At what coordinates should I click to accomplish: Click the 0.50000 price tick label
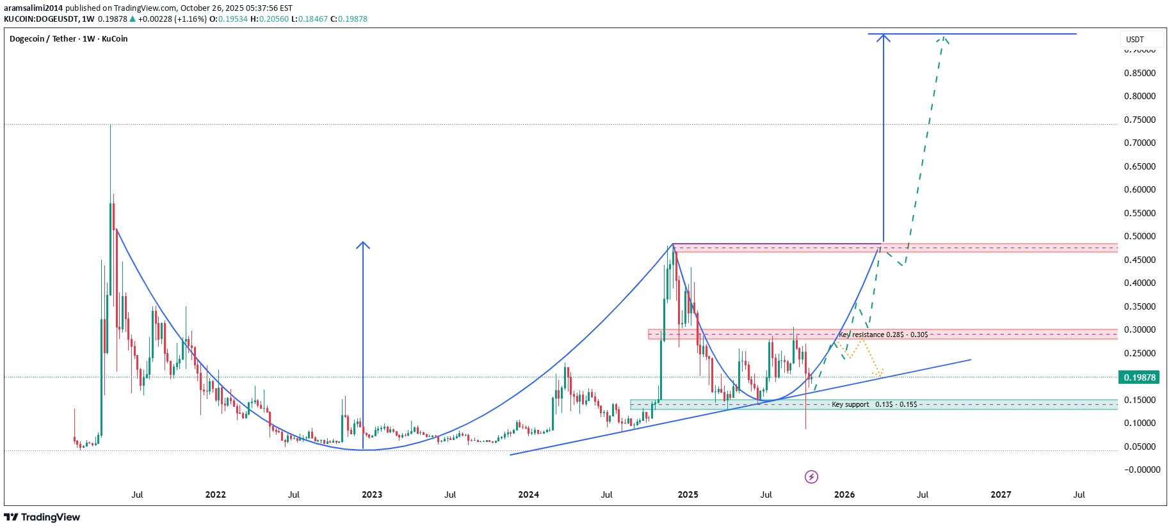pyautogui.click(x=1140, y=236)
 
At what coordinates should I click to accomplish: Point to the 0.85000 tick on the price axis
pyautogui.click(x=1140, y=73)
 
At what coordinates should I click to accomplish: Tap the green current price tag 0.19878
pyautogui.click(x=1139, y=377)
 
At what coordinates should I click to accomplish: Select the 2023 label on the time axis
pyautogui.click(x=372, y=494)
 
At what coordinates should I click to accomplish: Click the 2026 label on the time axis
pyautogui.click(x=844, y=494)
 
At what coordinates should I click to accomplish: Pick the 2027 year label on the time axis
pyautogui.click(x=1001, y=494)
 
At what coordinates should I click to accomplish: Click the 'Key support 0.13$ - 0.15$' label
pyautogui.click(x=874, y=404)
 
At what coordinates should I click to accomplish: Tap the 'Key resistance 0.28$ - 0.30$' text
pyautogui.click(x=884, y=335)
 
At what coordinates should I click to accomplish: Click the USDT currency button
pyautogui.click(x=1135, y=40)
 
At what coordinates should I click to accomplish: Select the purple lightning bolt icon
pyautogui.click(x=811, y=477)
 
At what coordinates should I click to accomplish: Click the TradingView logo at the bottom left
pyautogui.click(x=42, y=517)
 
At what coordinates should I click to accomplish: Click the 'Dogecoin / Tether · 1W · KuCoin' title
pyautogui.click(x=69, y=39)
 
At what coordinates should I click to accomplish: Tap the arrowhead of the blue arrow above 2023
pyautogui.click(x=363, y=244)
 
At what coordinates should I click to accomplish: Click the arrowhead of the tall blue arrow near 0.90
pyautogui.click(x=884, y=36)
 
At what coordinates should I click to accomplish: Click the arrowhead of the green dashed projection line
pyautogui.click(x=942, y=38)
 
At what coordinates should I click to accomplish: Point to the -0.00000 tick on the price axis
pyautogui.click(x=1142, y=470)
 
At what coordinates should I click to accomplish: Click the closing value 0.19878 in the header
pyautogui.click(x=353, y=19)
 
